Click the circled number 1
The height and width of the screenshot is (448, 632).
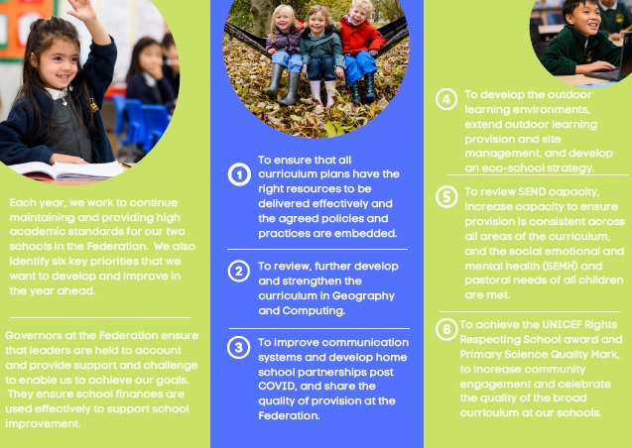pos(239,174)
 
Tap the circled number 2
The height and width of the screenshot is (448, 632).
pos(239,271)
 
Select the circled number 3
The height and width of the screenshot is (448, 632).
pos(238,347)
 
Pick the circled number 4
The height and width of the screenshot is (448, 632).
pos(446,99)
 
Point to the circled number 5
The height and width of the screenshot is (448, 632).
pos(446,197)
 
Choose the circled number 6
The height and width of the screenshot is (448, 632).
pos(446,330)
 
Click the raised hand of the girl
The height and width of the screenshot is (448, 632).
pos(83,10)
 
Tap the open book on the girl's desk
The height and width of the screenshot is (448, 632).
pos(69,171)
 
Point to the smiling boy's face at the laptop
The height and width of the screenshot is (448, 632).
pos(584,17)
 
